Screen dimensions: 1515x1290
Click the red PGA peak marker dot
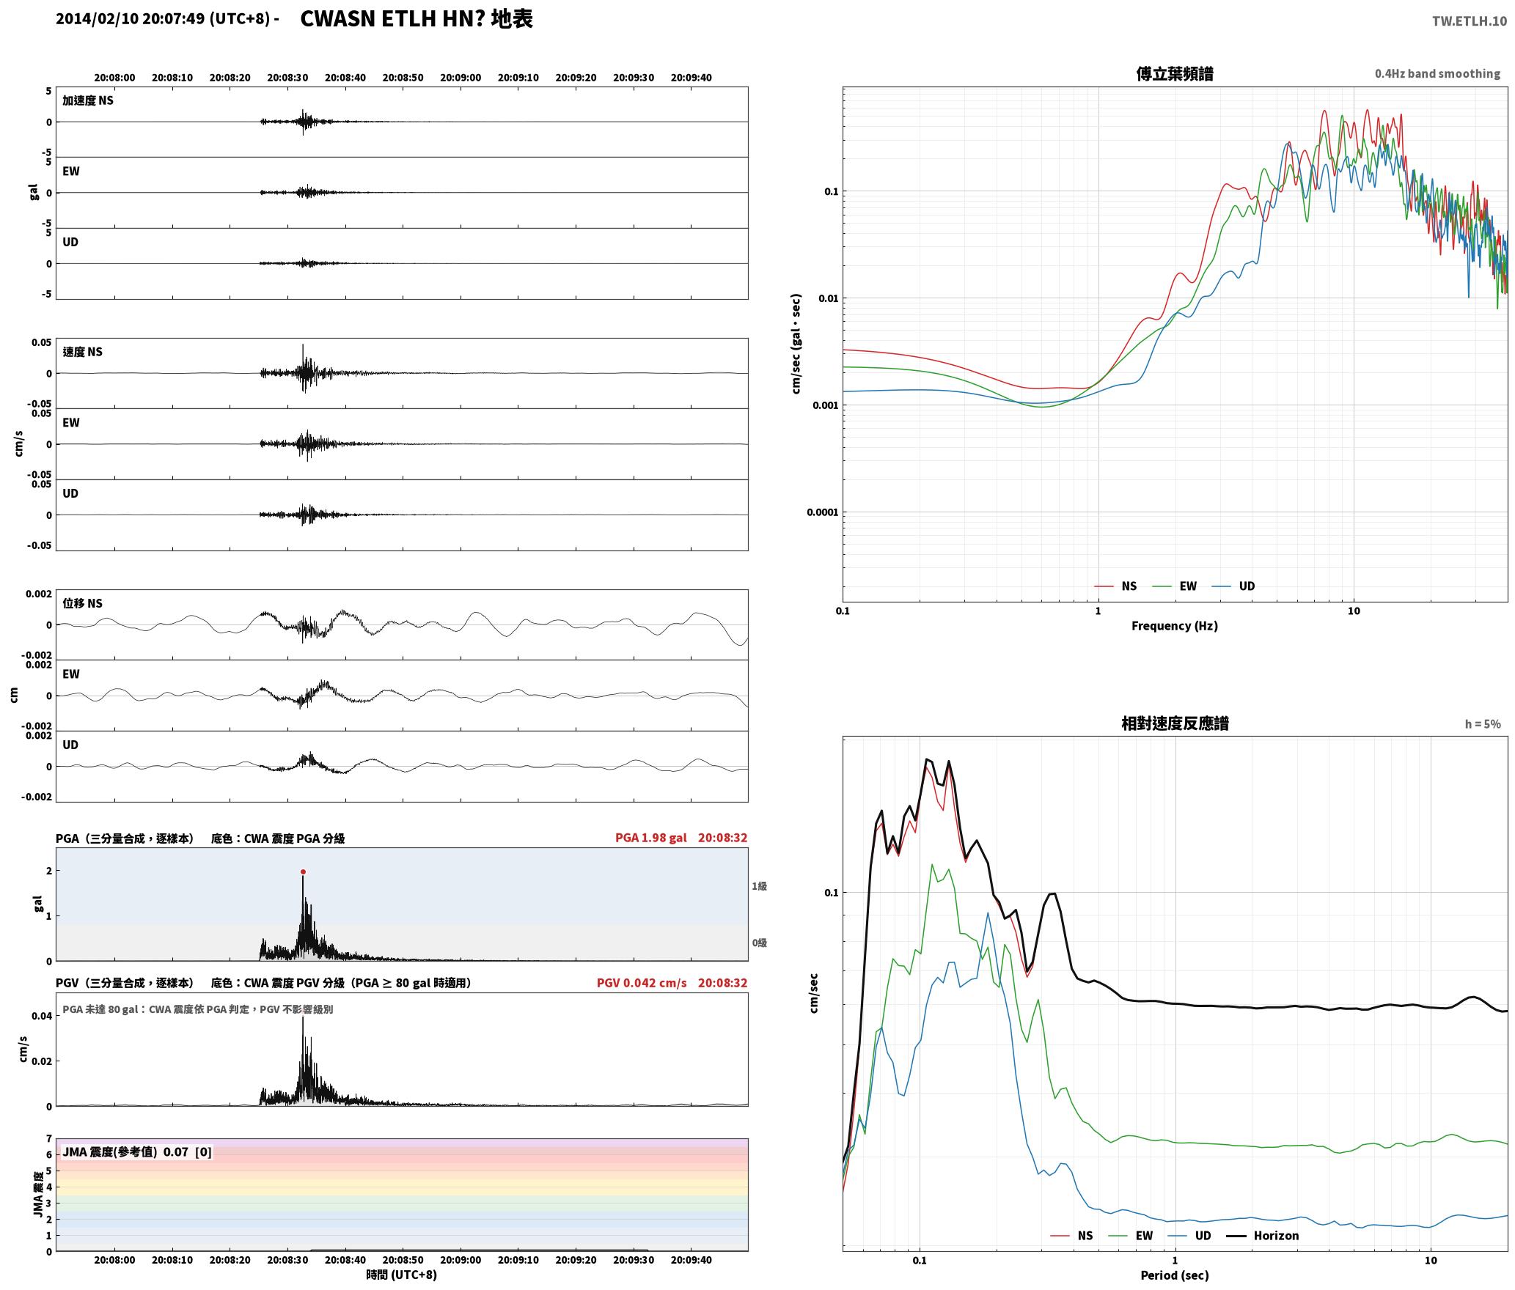click(x=303, y=872)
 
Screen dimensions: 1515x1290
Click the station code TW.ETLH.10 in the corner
click(x=1470, y=21)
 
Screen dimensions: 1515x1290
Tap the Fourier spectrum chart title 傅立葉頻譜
click(x=1174, y=74)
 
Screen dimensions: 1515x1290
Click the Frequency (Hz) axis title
click(x=1174, y=625)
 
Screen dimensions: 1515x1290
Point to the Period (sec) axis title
click(x=1174, y=1275)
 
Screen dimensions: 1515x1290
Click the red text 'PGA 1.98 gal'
click(x=651, y=838)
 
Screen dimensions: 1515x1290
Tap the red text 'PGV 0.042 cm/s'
click(x=642, y=982)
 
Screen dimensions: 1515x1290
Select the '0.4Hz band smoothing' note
click(x=1437, y=73)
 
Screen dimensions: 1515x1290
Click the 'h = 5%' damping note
click(x=1483, y=723)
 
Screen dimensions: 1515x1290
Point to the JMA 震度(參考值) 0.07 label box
click(x=137, y=1151)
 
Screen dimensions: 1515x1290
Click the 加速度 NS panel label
click(x=88, y=100)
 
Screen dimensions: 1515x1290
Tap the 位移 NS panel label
click(x=83, y=603)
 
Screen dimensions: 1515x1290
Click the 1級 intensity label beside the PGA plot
click(x=759, y=886)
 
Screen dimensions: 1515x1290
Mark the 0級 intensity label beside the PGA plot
click(x=759, y=943)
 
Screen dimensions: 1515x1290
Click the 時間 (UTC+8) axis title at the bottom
click(x=402, y=1275)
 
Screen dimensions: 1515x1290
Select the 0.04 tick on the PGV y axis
click(x=42, y=1016)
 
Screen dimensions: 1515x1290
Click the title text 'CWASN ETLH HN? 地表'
click(x=417, y=18)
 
